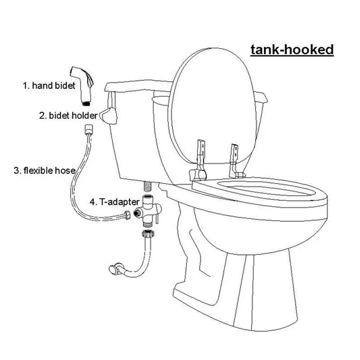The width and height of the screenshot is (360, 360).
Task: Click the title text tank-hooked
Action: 291,49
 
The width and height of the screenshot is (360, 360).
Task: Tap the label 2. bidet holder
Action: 68,115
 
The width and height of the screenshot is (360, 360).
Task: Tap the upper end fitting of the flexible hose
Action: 89,130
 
